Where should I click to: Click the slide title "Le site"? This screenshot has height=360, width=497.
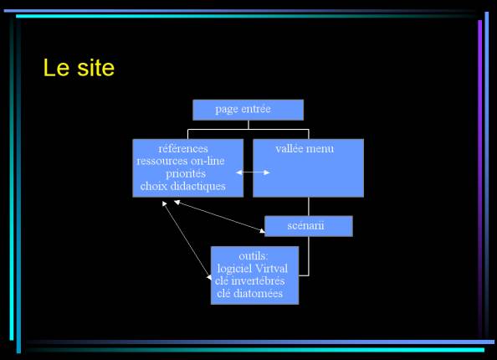coord(79,68)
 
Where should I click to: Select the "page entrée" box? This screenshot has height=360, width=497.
coord(248,110)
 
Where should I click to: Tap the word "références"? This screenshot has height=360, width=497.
coord(183,148)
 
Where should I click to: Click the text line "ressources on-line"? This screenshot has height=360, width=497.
coord(181,161)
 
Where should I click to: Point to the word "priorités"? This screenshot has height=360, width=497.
coord(186,174)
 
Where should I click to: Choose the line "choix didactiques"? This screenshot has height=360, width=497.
coord(183,186)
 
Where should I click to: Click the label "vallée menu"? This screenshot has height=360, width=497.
coord(305,149)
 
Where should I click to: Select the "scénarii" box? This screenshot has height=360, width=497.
coord(309,226)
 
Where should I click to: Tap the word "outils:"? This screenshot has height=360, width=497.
coord(254,256)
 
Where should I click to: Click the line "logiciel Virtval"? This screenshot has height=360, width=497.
coord(253,269)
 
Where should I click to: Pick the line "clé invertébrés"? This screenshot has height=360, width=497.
coord(250,281)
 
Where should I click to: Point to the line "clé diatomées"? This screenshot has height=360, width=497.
coord(250,293)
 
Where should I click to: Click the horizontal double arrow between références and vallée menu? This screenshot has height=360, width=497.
coord(253,172)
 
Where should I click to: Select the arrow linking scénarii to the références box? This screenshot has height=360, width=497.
coord(219,216)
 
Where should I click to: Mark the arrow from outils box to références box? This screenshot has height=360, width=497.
coord(187,240)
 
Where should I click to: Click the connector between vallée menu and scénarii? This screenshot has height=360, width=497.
coord(309,207)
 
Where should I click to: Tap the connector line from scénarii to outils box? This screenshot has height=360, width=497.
coord(308,256)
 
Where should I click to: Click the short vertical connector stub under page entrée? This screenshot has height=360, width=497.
coord(248,125)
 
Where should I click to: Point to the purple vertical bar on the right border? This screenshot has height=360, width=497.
coord(480,177)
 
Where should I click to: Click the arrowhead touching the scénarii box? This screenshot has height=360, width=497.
coord(263,231)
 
